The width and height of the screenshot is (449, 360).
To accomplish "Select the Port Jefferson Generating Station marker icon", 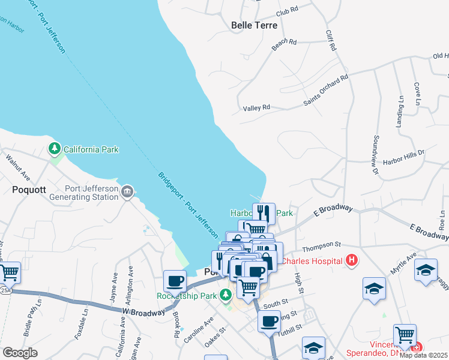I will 127,192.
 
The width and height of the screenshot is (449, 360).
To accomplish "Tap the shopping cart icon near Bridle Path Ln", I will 10,272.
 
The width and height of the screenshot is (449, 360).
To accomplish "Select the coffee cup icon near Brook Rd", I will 175,281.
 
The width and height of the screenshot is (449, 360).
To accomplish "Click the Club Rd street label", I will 287,12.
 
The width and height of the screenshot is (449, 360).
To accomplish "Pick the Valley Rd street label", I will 257,108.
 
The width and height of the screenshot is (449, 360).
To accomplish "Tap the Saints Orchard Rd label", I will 326,90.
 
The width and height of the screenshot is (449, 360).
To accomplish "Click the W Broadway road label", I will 143,312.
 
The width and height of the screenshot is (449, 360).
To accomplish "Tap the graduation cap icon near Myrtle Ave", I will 426,270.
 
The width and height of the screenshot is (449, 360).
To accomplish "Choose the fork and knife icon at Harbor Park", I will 262,213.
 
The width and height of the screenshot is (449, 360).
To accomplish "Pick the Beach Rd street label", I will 285,43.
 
